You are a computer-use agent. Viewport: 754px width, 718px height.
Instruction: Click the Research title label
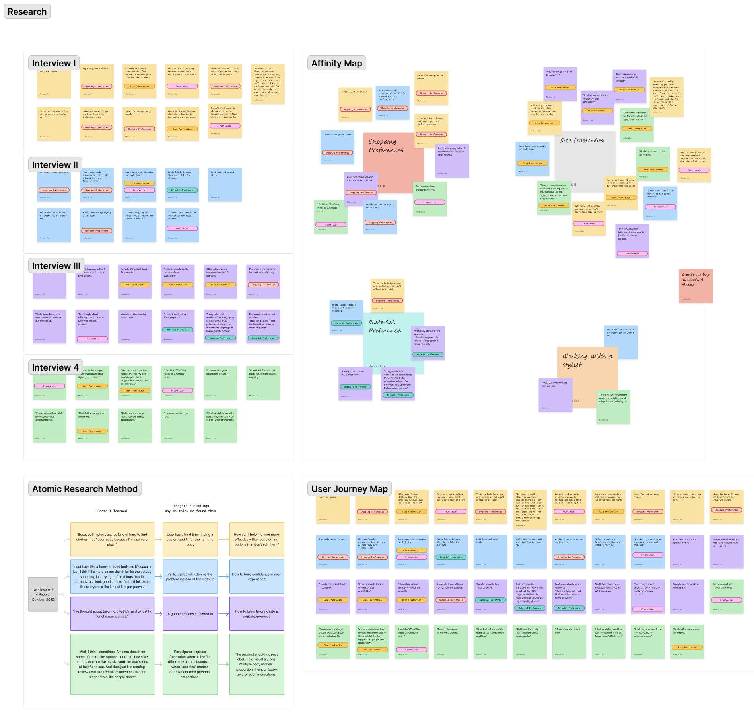tap(27, 12)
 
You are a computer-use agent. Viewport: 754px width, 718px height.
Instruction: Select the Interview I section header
tap(54, 63)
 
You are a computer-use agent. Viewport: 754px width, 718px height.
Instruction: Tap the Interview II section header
tap(55, 165)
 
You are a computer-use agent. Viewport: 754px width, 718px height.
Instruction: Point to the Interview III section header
tap(56, 266)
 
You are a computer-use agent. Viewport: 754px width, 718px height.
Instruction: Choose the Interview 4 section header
tap(55, 367)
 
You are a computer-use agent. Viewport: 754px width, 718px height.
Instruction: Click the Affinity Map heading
tap(336, 63)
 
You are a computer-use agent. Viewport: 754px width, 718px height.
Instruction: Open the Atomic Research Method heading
tap(85, 489)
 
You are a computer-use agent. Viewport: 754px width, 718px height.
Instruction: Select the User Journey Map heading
tap(349, 489)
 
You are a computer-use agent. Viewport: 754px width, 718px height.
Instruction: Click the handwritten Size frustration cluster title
tap(582, 140)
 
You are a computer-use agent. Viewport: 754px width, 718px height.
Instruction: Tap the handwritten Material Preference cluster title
tap(385, 326)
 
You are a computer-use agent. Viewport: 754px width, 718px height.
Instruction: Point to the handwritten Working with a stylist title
tap(587, 360)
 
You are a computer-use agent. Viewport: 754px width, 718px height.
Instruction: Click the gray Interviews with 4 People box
tap(43, 594)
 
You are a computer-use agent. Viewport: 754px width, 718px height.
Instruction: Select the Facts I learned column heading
tap(112, 511)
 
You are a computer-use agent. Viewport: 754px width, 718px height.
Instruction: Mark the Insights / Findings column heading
tap(190, 508)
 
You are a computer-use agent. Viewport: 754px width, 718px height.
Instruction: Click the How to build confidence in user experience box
tap(257, 577)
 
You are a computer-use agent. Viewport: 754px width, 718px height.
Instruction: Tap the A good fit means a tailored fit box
tap(190, 614)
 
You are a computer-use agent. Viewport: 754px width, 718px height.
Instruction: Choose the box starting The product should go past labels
tap(257, 664)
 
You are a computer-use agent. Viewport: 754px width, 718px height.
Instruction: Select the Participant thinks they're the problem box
tap(190, 577)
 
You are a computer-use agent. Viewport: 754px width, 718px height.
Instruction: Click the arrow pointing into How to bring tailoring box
tap(223, 614)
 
